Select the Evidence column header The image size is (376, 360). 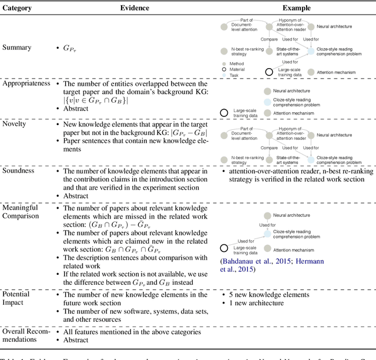(x=135, y=8)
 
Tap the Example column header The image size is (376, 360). (x=297, y=8)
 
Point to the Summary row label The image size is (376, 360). (x=18, y=47)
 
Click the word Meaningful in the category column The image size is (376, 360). (x=20, y=207)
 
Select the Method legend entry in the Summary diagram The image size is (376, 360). (x=237, y=63)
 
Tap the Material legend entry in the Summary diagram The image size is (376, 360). (x=239, y=69)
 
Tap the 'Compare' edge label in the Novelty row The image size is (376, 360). (x=269, y=148)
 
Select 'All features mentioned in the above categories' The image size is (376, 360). (x=132, y=332)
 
